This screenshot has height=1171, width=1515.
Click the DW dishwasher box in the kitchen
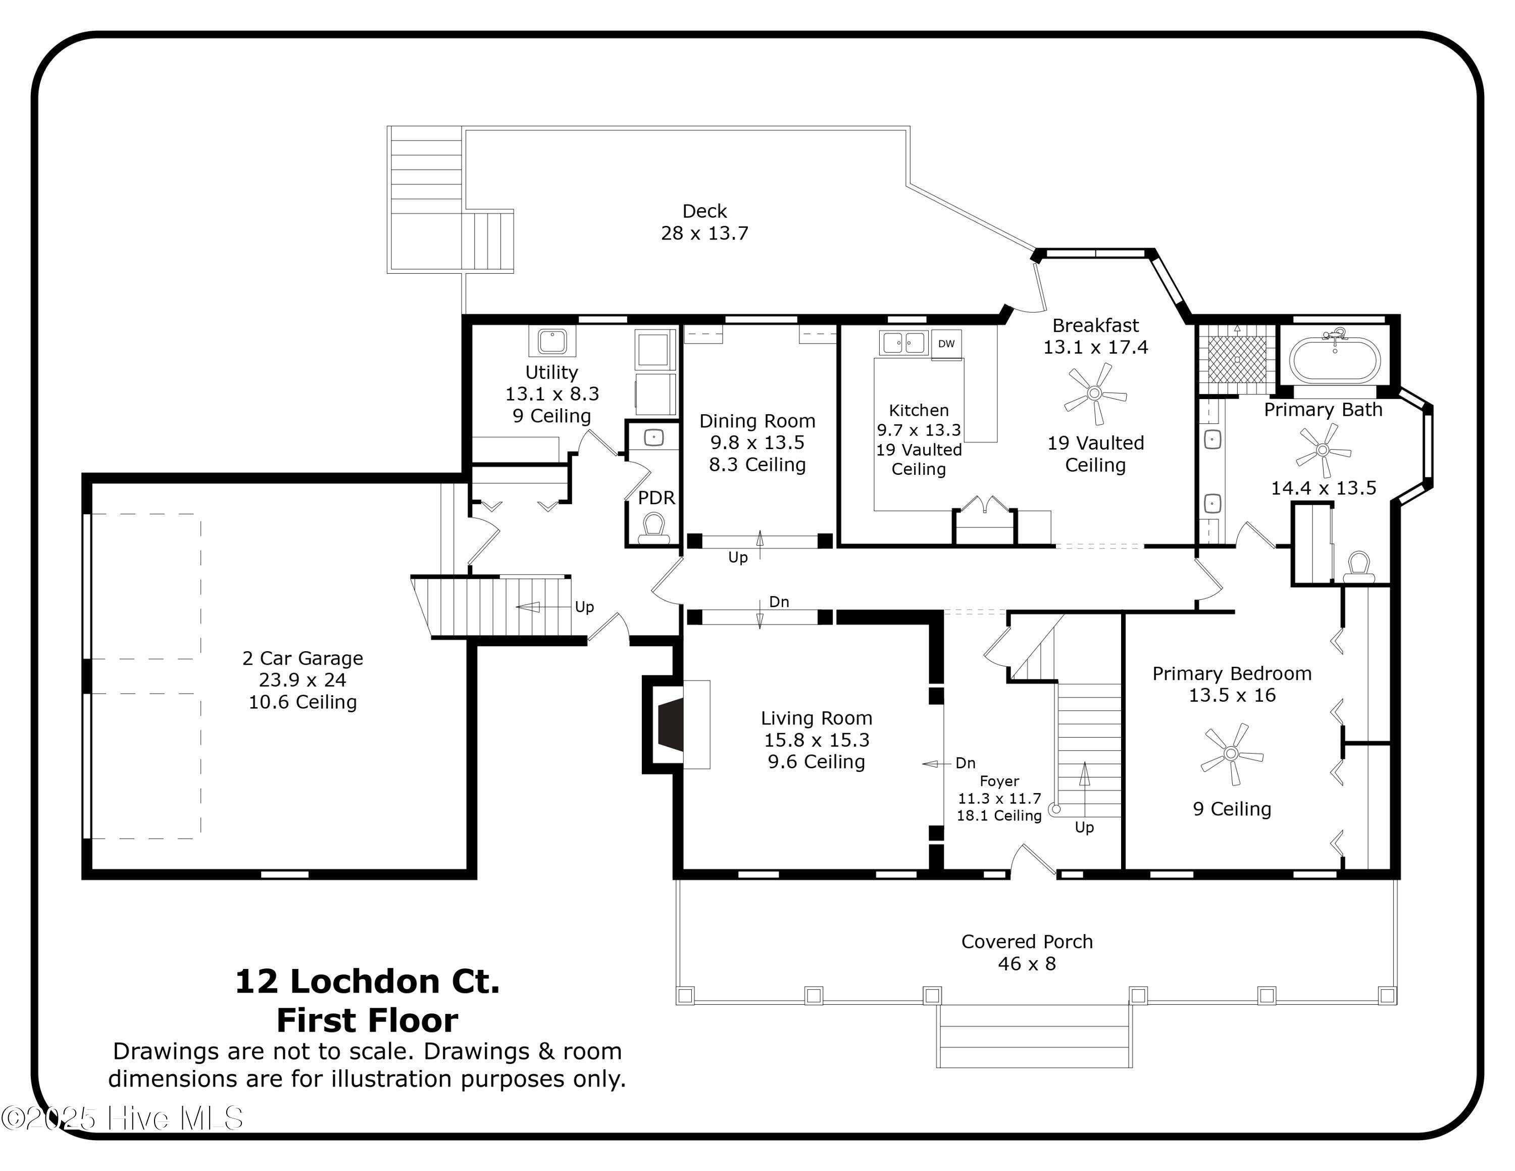[x=946, y=344]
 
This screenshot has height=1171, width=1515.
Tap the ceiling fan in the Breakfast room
[x=1095, y=394]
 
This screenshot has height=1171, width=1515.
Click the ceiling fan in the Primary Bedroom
[x=1231, y=753]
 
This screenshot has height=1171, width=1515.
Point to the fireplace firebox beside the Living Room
[x=670, y=725]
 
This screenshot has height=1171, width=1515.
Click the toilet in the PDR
[x=653, y=528]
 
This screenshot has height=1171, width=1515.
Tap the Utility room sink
[x=552, y=341]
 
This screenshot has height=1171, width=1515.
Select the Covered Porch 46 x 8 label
[x=1027, y=952]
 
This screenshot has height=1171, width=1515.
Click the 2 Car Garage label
[x=302, y=658]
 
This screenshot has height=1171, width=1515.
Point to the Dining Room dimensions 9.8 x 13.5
[x=757, y=443]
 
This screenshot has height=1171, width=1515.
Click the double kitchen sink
[x=903, y=343]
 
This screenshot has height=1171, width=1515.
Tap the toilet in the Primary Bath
[x=1358, y=567]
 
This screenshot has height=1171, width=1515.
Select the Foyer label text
[x=999, y=781]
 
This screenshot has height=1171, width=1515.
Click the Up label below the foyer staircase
[x=1084, y=827]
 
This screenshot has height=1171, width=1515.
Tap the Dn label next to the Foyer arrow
[x=965, y=763]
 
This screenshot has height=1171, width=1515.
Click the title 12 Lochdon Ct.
[x=367, y=982]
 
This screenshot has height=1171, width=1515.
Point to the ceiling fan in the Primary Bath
[x=1322, y=450]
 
